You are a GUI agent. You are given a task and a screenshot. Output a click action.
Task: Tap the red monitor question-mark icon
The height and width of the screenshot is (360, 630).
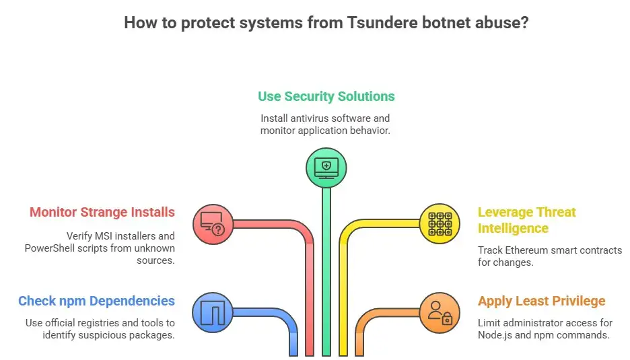coord(213,223)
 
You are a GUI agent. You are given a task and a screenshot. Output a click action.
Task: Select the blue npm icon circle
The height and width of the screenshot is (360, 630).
coord(213,312)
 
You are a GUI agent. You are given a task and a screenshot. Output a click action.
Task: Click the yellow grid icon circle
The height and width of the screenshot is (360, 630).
coord(440,223)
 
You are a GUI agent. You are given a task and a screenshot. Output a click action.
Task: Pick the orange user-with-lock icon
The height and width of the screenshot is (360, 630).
coord(440,312)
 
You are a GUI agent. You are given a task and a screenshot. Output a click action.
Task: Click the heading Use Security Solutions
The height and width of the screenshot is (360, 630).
coord(326,96)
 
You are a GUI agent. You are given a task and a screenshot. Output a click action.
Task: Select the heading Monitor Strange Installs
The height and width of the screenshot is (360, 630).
coord(102,213)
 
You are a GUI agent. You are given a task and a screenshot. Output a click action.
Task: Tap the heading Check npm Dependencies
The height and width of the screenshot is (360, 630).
coord(96,301)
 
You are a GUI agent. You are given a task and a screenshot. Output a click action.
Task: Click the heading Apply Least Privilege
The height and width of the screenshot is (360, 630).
coord(541,301)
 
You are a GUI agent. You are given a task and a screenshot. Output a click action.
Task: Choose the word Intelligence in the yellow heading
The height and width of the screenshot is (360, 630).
coord(512,228)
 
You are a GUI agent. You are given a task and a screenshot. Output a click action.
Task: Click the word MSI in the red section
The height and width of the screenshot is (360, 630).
coord(112,236)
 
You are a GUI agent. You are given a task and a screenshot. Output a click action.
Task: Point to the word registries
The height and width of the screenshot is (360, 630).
coord(104,323)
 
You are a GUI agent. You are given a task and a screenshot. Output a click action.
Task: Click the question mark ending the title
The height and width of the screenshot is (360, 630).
coord(524,23)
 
